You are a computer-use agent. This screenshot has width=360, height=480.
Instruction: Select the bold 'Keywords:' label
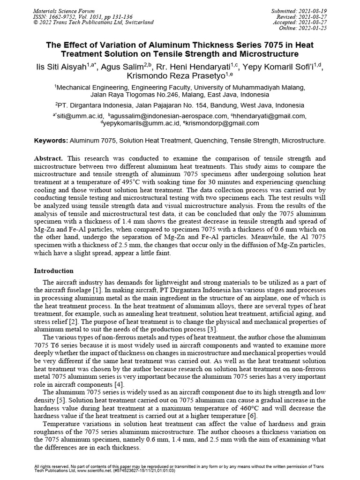51,141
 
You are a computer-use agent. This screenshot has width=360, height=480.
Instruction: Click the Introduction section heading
54,271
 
